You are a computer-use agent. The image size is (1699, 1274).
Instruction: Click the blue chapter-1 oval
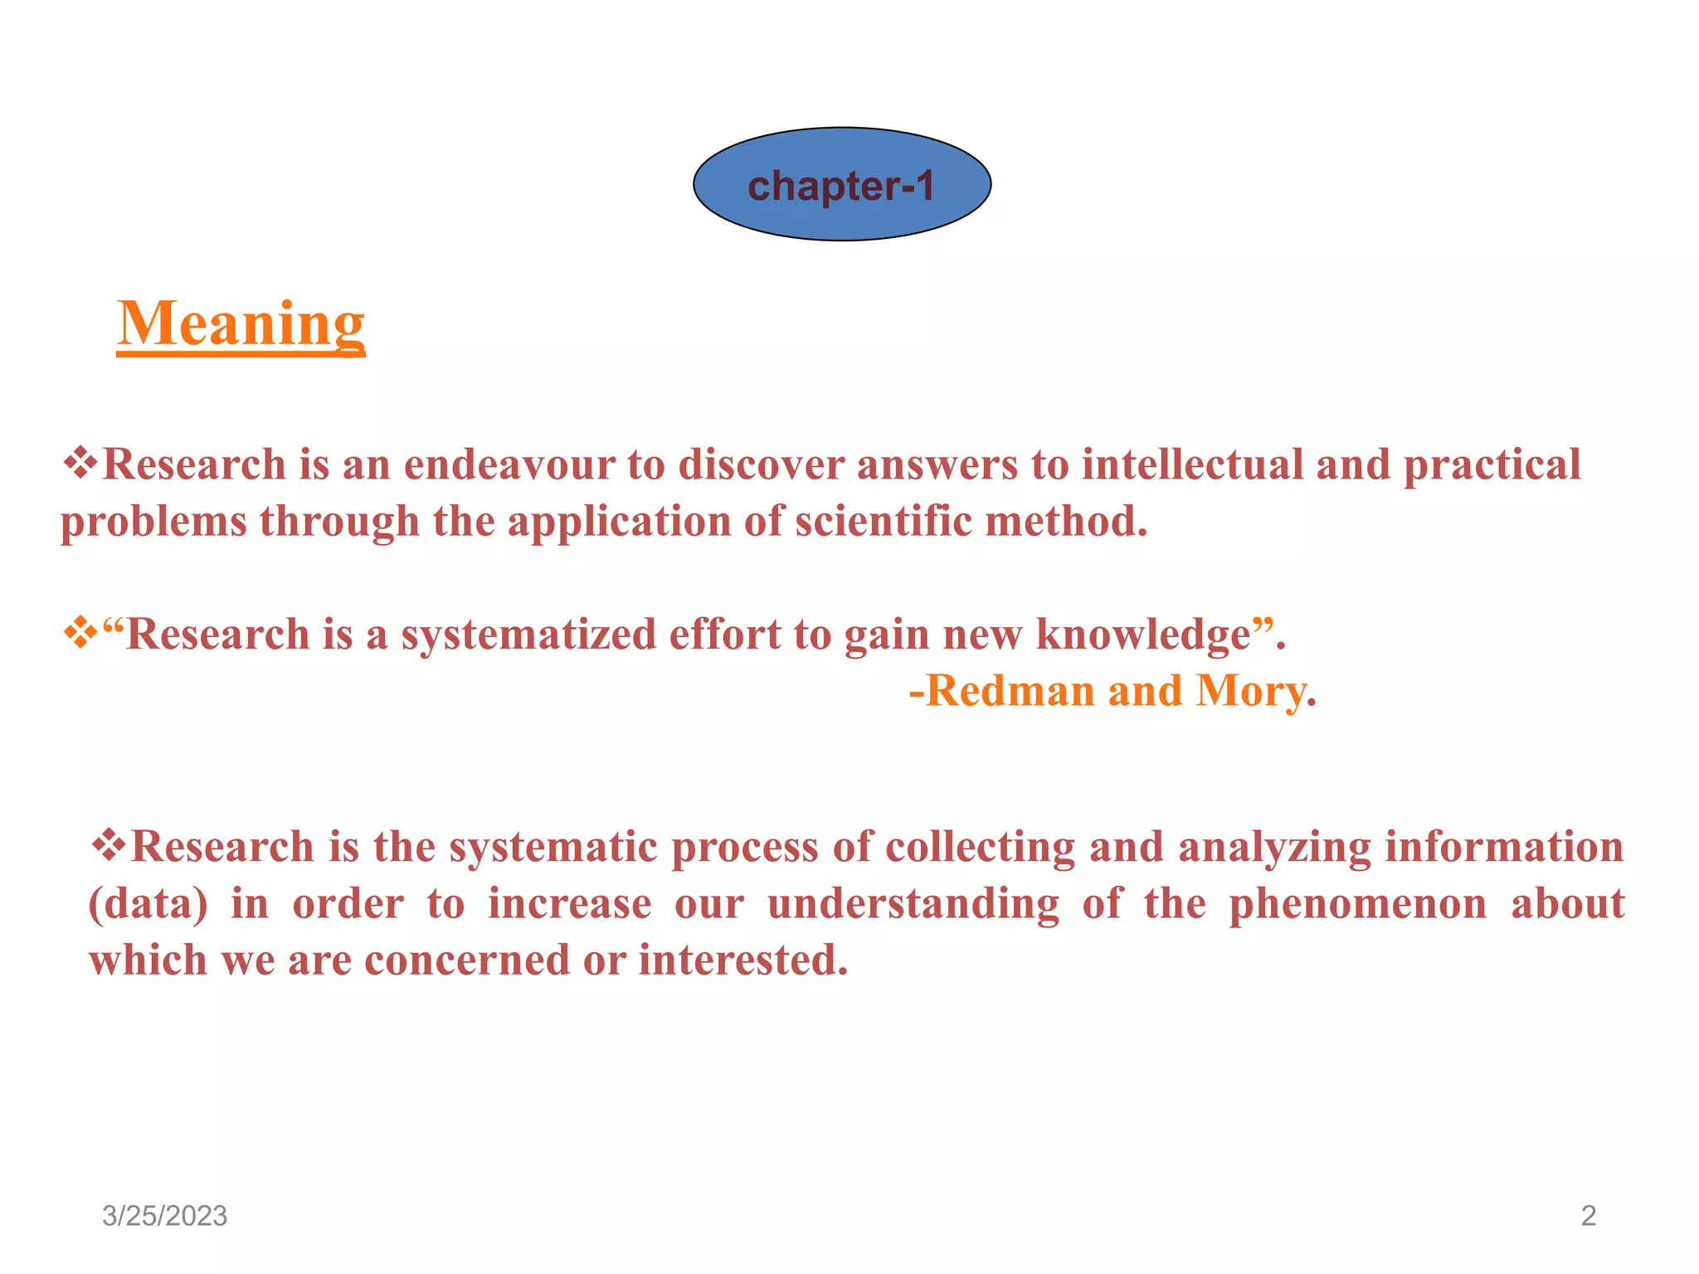tap(841, 184)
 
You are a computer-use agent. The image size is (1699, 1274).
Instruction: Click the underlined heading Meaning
tap(241, 324)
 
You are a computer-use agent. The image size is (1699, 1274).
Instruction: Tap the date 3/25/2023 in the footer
tap(164, 1216)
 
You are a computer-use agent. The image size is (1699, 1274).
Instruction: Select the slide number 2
tap(1588, 1216)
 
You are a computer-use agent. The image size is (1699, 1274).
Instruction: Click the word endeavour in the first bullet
tap(509, 464)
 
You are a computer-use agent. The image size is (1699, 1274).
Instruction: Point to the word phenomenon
tap(1357, 904)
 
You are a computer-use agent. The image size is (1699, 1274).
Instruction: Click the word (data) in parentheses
tap(148, 904)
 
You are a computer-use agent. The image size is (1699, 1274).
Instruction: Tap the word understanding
tap(913, 904)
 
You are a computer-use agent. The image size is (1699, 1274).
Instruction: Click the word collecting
tap(980, 848)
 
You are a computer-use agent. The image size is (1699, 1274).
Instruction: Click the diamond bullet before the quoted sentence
tap(80, 634)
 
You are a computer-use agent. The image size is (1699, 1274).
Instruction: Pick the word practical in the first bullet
tap(1492, 464)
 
